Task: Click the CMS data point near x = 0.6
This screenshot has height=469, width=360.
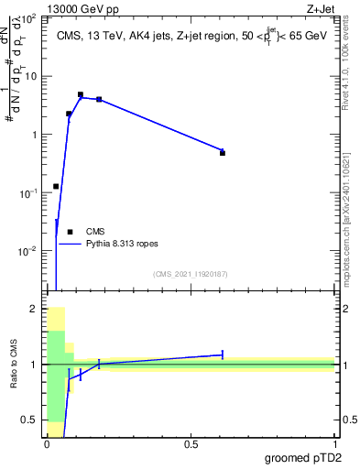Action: (x=223, y=153)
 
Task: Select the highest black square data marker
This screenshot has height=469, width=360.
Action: (x=81, y=94)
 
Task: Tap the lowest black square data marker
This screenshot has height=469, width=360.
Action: (x=56, y=186)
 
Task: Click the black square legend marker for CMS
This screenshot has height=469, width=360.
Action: (x=70, y=232)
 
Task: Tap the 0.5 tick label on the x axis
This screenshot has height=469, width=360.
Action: (x=191, y=444)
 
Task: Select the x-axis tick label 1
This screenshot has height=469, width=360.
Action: (x=334, y=444)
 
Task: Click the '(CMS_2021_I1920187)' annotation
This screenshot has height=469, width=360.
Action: (x=190, y=274)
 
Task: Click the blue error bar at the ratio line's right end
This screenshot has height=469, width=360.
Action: (x=223, y=354)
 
